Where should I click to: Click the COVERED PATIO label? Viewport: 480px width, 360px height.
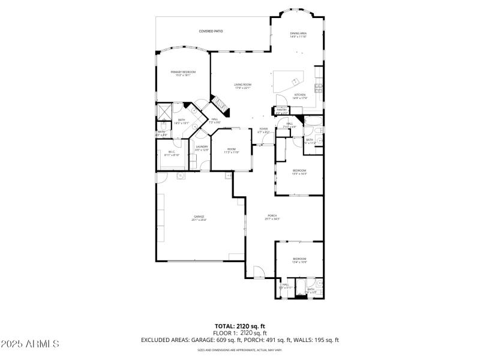point(211,31)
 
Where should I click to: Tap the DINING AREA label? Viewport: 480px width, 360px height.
point(298,35)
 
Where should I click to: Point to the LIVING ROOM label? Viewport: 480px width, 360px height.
point(242,86)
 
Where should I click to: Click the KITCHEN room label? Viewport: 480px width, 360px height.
point(299,96)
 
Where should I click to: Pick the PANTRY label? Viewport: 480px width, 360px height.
point(281,110)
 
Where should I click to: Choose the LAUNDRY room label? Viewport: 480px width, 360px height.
point(201,148)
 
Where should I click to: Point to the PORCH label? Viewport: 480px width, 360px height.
point(272,217)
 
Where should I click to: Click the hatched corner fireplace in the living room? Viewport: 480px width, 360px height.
point(221,106)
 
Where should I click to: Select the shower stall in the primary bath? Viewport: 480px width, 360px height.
point(163,111)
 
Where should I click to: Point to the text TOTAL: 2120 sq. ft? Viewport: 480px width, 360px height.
point(240,326)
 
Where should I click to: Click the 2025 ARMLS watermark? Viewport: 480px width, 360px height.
point(30,344)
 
